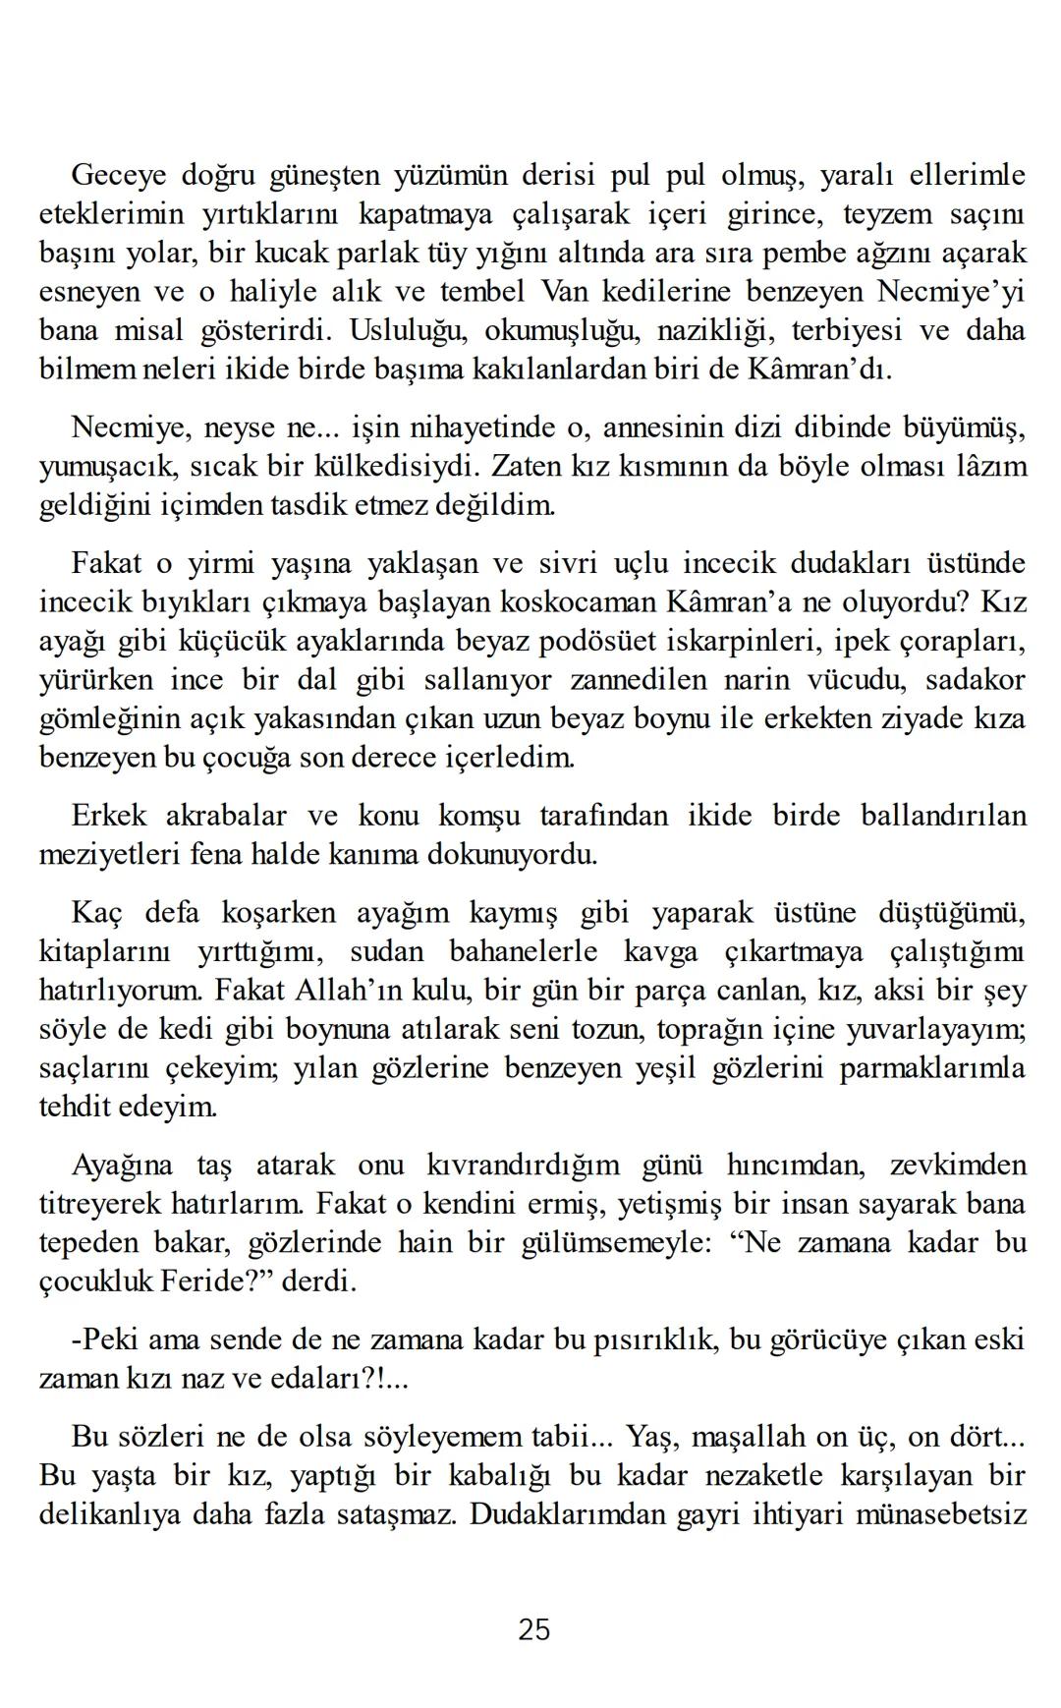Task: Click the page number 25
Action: (533, 1630)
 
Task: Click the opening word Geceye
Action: (119, 175)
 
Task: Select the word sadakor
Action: (976, 680)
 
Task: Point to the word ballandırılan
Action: (942, 816)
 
